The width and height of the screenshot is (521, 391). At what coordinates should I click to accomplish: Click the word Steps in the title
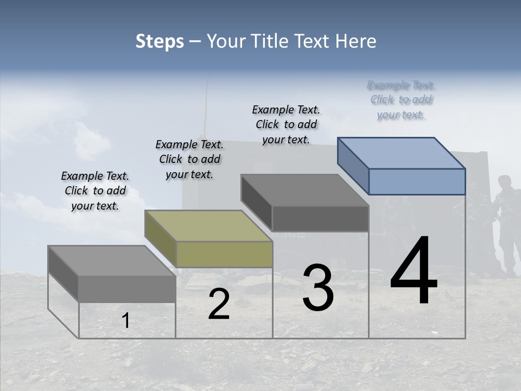(160, 41)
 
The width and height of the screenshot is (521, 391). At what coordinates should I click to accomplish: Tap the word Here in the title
(356, 41)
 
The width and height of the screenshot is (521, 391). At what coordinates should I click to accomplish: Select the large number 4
(414, 272)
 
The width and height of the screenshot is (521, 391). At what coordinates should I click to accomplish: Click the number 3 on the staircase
(318, 288)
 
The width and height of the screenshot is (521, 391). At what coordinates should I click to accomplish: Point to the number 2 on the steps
(219, 305)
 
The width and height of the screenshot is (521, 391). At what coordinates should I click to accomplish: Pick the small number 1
(126, 321)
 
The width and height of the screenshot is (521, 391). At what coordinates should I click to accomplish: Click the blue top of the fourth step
(402, 153)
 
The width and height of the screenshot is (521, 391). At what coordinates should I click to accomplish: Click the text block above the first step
(95, 191)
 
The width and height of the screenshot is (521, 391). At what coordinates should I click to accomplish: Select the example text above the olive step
(189, 159)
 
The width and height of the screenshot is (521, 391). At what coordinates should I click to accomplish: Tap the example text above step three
(286, 124)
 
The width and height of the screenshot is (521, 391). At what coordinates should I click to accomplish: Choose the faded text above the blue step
(401, 100)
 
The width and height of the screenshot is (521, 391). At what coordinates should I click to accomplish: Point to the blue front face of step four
(417, 181)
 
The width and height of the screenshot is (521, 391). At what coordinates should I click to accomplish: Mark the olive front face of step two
(224, 254)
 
